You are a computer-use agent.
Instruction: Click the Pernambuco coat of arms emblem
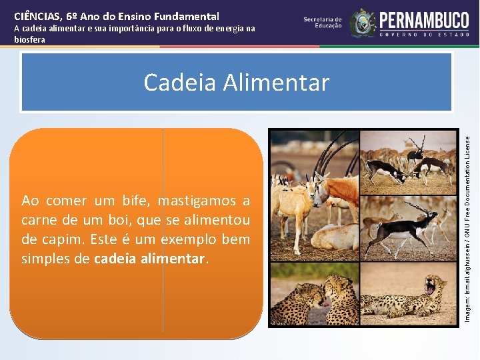[363, 23]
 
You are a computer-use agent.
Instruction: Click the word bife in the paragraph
[138, 201]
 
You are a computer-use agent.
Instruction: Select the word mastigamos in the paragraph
[197, 201]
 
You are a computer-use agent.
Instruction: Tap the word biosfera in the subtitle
[30, 40]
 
